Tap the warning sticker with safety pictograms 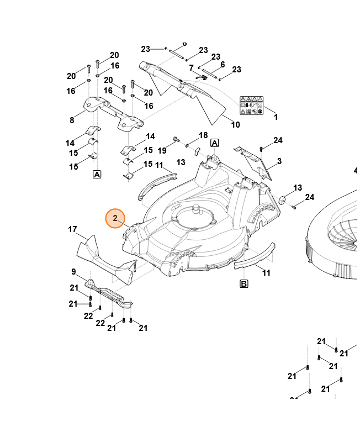click(252, 105)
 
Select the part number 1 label click(276, 117)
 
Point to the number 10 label click(235, 125)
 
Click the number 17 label click(72, 229)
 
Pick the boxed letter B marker click(243, 284)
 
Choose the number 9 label click(73, 271)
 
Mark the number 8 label click(72, 120)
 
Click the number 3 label click(279, 161)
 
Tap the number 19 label click(162, 150)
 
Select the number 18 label click(203, 135)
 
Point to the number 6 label click(223, 65)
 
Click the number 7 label click(192, 68)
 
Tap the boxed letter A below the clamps click(97, 174)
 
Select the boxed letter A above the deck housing click(215, 143)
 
